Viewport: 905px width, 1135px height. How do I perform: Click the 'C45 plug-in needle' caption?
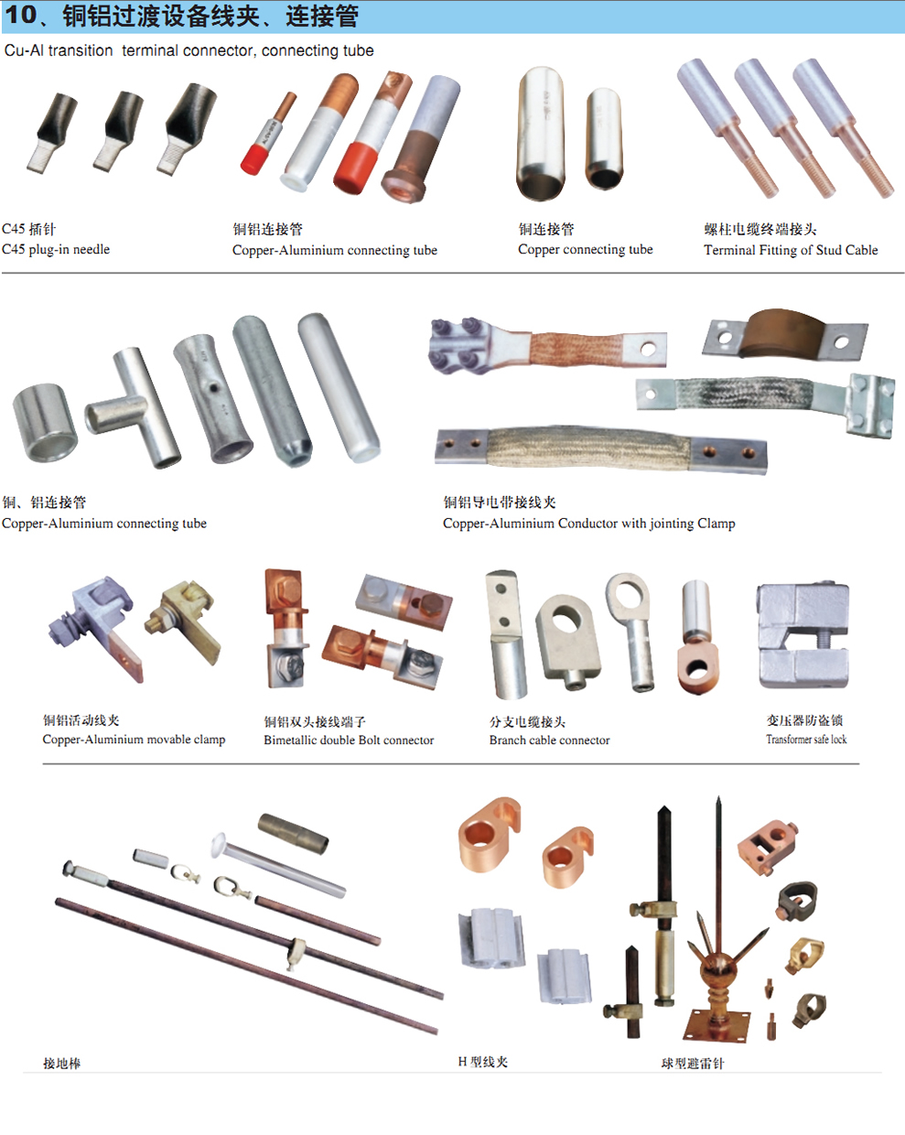(56, 249)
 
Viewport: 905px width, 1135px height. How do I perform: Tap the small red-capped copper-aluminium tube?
(268, 134)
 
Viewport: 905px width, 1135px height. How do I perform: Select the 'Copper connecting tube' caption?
(586, 250)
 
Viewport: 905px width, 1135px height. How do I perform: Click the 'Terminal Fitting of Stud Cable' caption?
(791, 250)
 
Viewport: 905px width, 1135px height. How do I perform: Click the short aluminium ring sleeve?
(45, 423)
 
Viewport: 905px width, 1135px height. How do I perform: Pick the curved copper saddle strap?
(785, 334)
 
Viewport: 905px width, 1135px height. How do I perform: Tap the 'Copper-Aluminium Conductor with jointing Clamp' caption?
(589, 524)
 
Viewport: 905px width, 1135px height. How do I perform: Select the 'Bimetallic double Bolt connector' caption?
(349, 740)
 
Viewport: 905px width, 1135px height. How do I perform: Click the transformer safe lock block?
(803, 635)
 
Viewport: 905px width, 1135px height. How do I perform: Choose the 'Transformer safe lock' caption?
(806, 739)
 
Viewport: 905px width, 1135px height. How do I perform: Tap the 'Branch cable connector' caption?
(549, 740)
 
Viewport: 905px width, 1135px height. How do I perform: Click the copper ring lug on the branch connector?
(697, 669)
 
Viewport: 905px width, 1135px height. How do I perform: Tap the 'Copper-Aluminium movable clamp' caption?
(134, 739)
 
